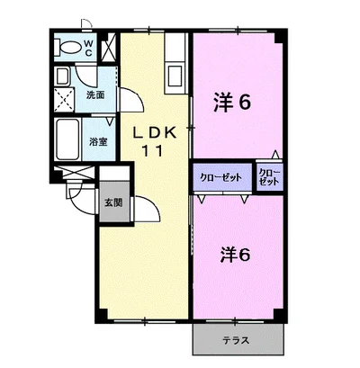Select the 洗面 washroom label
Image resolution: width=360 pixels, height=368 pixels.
(95, 94)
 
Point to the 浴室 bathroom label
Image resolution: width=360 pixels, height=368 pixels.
(96, 141)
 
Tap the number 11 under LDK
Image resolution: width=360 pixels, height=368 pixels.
(151, 151)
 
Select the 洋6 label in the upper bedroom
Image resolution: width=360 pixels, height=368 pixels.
(231, 102)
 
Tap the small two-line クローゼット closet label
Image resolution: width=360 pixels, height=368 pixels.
(268, 175)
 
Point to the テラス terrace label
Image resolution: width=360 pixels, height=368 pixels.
(236, 340)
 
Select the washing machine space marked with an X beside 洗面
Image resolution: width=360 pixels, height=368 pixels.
(64, 97)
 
